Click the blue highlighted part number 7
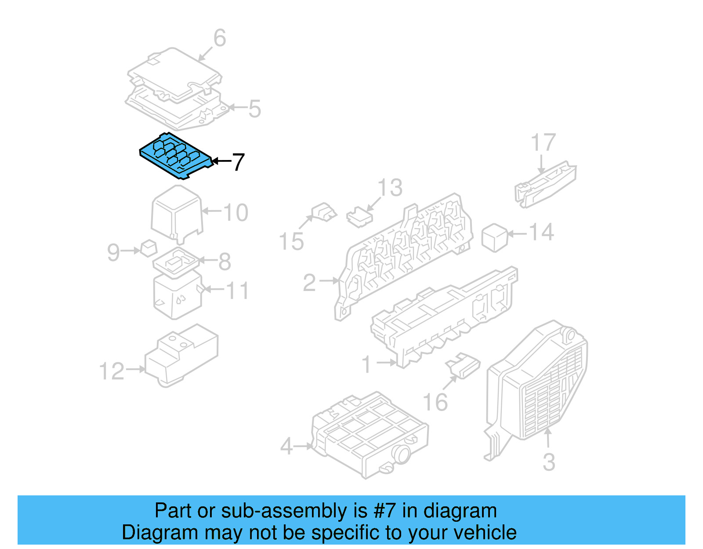click(x=176, y=156)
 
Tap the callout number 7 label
click(x=238, y=162)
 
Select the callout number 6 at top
click(x=220, y=38)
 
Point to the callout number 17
click(x=544, y=142)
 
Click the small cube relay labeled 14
click(x=495, y=238)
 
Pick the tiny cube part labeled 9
click(x=149, y=248)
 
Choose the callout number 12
click(x=112, y=371)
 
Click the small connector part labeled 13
click(x=359, y=217)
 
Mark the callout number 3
click(x=549, y=462)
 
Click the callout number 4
click(x=286, y=447)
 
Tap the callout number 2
click(x=309, y=283)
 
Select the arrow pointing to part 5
click(x=238, y=107)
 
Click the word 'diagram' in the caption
click(x=460, y=511)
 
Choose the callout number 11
click(x=237, y=291)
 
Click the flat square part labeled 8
click(x=176, y=262)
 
